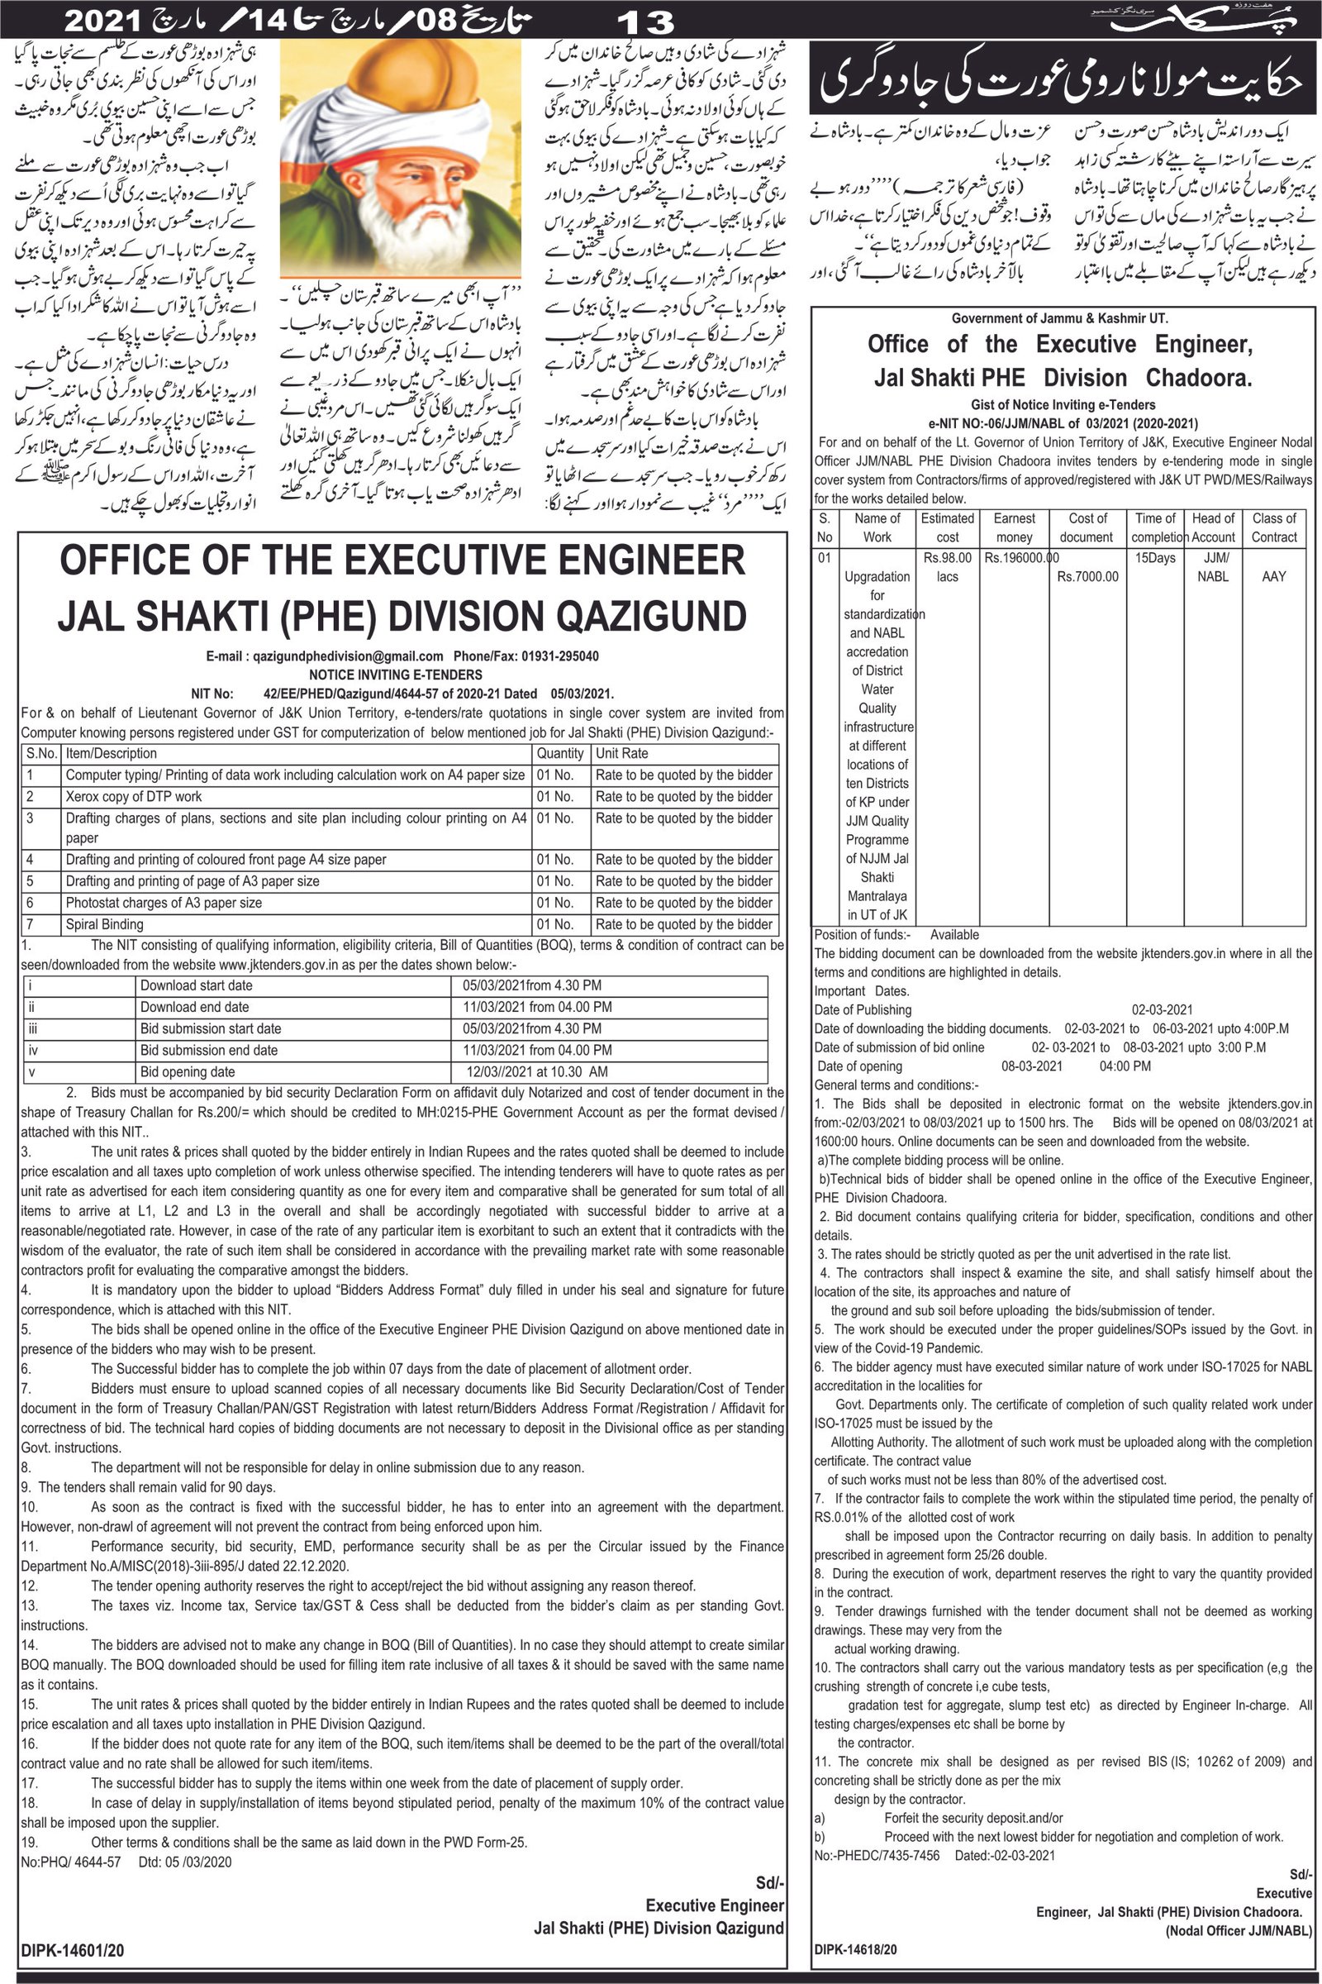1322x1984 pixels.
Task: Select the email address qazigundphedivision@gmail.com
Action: pyautogui.click(x=325, y=656)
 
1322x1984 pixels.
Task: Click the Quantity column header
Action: pyautogui.click(x=560, y=753)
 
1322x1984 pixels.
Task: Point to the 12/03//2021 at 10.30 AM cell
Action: pyautogui.click(x=537, y=1072)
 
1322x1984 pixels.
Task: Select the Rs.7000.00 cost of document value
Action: pyautogui.click(x=1087, y=577)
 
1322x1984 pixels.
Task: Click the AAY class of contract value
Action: pyautogui.click(x=1273, y=577)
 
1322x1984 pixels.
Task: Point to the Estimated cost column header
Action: pyautogui.click(x=947, y=527)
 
